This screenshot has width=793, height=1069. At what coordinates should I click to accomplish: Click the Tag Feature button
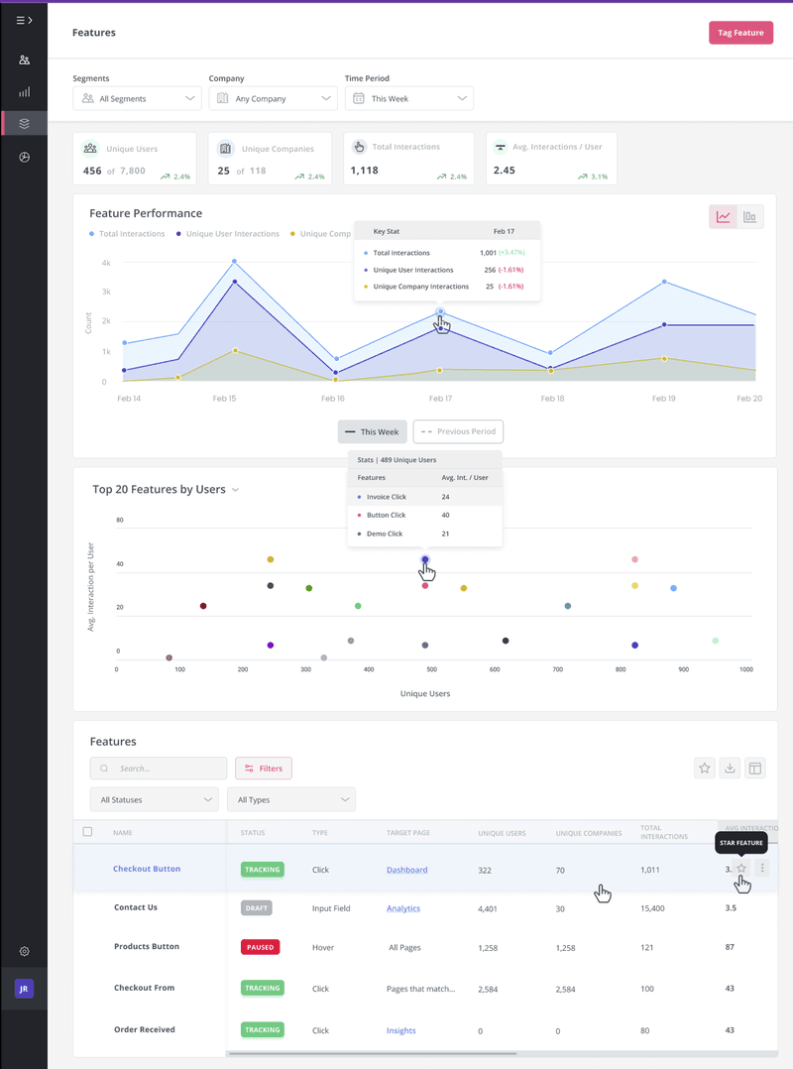[x=740, y=33]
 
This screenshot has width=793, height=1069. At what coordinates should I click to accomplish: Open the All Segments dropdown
[x=138, y=98]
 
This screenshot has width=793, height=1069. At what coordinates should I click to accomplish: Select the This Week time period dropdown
[x=408, y=98]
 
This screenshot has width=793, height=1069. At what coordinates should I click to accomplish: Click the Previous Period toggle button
[x=458, y=431]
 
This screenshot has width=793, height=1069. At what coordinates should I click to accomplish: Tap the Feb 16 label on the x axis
[x=333, y=398]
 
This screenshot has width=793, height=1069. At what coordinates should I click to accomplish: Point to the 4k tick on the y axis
[x=104, y=263]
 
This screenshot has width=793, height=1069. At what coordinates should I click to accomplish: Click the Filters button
[x=264, y=768]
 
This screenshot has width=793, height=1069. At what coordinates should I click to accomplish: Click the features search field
[x=159, y=768]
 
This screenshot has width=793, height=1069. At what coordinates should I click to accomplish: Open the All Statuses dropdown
[x=154, y=799]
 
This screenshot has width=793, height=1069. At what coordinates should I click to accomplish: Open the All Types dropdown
[x=290, y=799]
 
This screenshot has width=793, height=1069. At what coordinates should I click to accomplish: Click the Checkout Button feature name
[x=147, y=869]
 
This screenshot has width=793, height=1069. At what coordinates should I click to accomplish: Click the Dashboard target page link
[x=406, y=870]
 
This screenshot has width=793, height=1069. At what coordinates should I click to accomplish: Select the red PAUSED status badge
[x=260, y=947]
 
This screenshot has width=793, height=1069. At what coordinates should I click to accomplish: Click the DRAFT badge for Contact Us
[x=256, y=907]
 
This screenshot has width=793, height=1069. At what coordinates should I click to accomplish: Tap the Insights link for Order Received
[x=400, y=1030]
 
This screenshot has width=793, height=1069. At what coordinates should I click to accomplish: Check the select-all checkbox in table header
[x=87, y=832]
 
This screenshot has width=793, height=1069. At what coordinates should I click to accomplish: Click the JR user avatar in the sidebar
[x=24, y=989]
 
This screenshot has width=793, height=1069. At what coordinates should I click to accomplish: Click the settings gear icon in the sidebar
[x=24, y=952]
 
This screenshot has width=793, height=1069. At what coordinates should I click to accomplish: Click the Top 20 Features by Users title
[x=159, y=489]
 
